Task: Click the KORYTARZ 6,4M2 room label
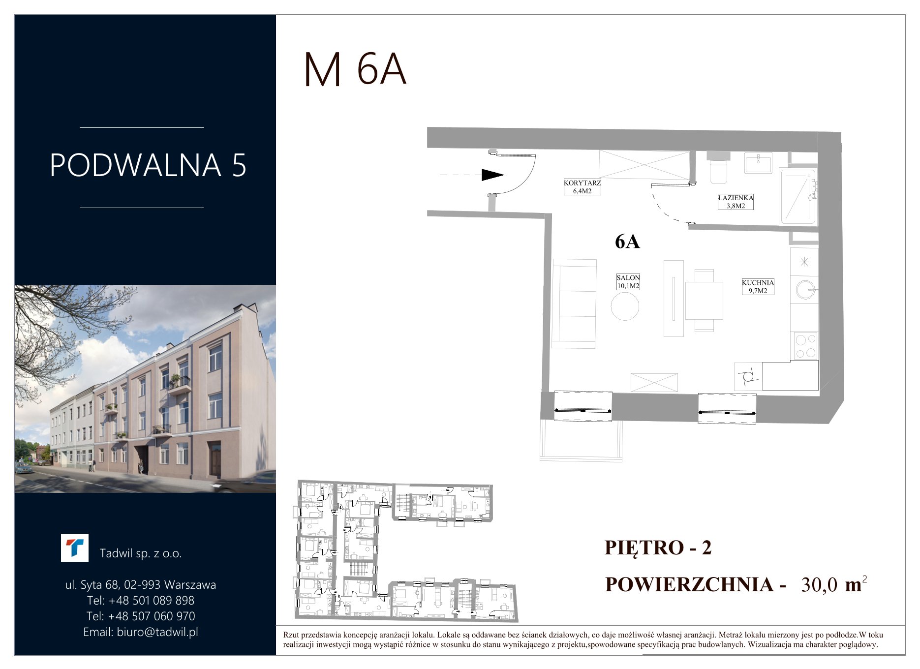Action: click(582, 187)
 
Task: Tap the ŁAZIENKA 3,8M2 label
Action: click(736, 202)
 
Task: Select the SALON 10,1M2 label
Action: click(628, 282)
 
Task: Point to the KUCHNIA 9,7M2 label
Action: click(758, 287)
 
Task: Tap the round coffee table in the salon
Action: click(625, 306)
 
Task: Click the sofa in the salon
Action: click(574, 304)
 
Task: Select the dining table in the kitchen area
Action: click(704, 301)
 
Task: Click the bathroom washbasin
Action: click(758, 162)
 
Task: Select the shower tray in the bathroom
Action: click(798, 196)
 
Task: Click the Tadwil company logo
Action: click(75, 548)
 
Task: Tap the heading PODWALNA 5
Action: click(148, 165)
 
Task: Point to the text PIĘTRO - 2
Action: click(658, 547)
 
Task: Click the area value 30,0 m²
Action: click(834, 584)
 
